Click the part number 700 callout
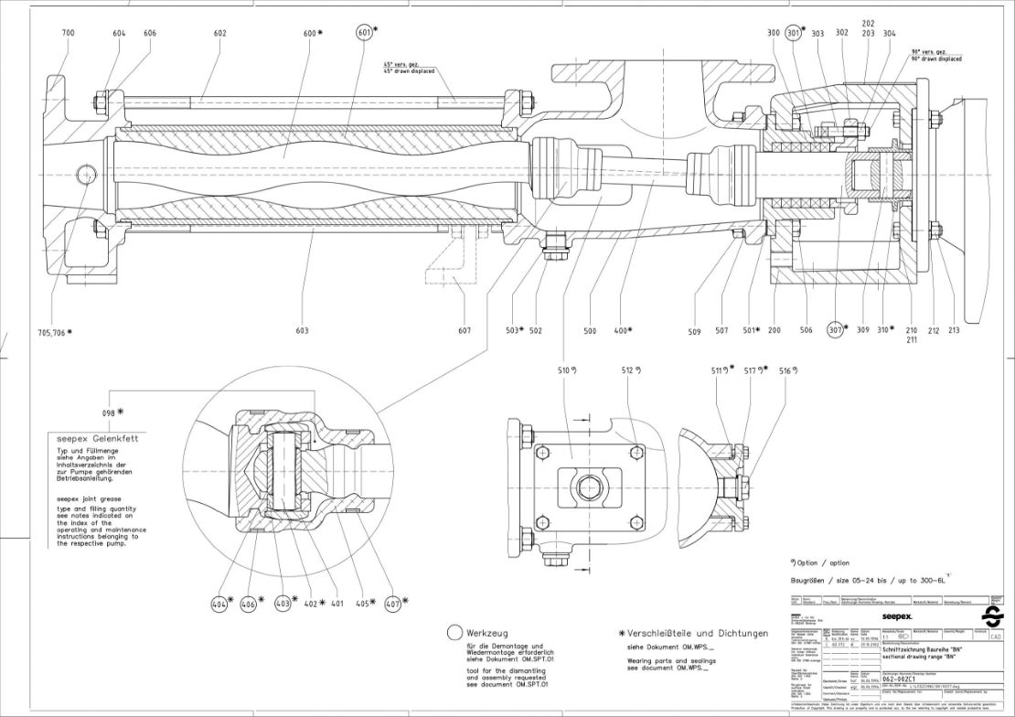(x=69, y=33)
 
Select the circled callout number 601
(x=365, y=33)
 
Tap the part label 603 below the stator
(x=302, y=330)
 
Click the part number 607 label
(x=465, y=330)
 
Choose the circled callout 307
(x=836, y=330)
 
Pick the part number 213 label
(x=955, y=330)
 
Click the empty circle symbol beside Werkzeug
(x=454, y=633)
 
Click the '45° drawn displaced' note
(x=409, y=71)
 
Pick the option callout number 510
(x=567, y=371)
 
